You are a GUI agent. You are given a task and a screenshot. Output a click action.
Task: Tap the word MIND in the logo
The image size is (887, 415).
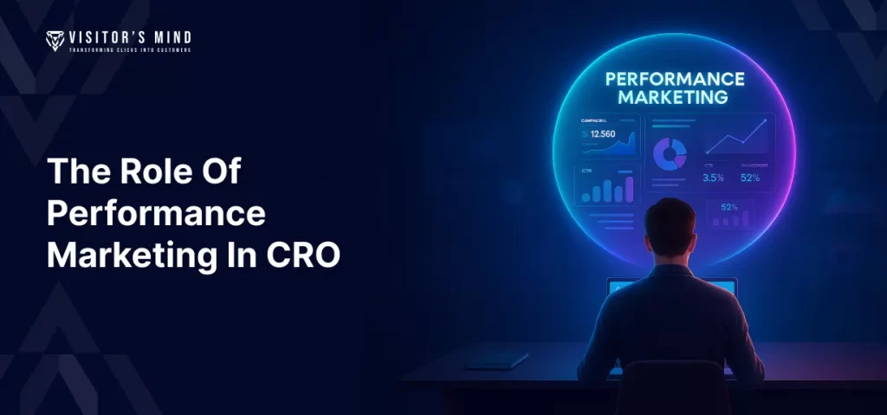tap(170, 37)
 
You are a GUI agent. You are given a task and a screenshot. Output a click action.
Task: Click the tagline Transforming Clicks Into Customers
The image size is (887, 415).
tap(131, 50)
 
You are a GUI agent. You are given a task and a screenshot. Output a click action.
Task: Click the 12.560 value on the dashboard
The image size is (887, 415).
tap(598, 134)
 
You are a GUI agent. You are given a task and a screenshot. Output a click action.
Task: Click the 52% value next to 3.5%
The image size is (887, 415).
tap(750, 178)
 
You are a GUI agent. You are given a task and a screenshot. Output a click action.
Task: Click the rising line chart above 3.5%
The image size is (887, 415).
tap(735, 138)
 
